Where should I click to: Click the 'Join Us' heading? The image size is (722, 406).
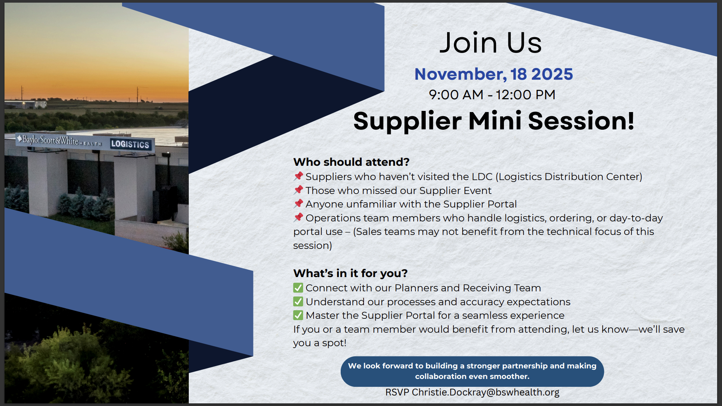coord(491,43)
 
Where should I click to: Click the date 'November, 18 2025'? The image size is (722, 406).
coord(493,74)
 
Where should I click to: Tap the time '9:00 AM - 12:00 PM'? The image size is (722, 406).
coord(492,95)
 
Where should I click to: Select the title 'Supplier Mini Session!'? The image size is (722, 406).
coord(494,121)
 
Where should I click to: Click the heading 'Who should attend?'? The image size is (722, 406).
coord(351,162)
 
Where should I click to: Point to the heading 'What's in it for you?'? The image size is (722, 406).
coord(350,273)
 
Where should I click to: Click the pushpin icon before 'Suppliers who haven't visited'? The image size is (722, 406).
coord(299,176)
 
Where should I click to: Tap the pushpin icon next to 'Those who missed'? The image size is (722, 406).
coord(299,190)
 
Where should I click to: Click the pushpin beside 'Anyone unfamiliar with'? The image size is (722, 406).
coord(299,204)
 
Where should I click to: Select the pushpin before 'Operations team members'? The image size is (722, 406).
coord(299,218)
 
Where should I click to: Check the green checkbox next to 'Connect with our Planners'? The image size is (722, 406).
coord(298,288)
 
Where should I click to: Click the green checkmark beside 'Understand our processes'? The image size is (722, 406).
coord(298,301)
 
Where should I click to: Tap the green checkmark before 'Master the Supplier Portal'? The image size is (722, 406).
coord(298,315)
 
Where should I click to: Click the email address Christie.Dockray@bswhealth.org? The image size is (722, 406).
coord(485,392)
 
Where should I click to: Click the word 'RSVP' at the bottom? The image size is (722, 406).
coord(397,392)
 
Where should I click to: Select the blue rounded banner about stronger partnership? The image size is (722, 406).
coord(472,371)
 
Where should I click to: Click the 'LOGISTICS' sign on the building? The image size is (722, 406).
coord(130,144)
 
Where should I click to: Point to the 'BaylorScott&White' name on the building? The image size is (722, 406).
coord(51,140)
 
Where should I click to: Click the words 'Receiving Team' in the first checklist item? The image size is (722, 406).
coord(502,288)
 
